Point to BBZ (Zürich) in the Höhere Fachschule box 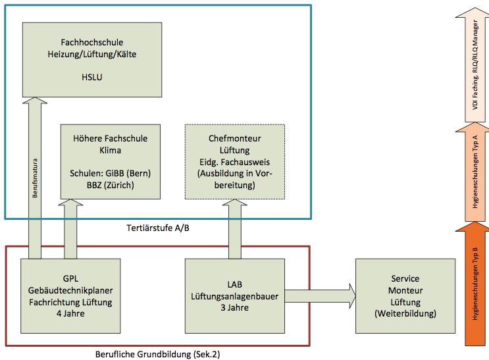tap(111, 186)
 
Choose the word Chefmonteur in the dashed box tap(235, 139)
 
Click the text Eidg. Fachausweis tap(235, 163)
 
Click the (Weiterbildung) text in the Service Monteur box tap(405, 314)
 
